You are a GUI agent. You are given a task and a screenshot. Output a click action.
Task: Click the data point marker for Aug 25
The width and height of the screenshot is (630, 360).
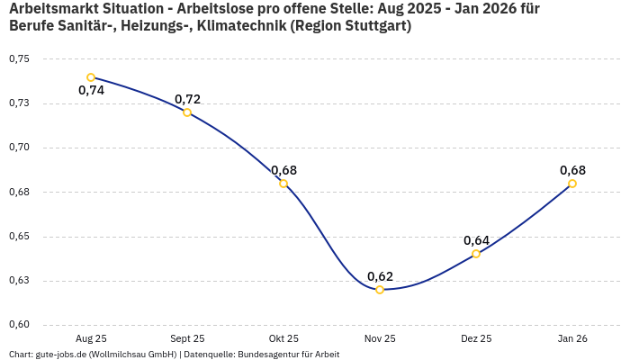(x=91, y=77)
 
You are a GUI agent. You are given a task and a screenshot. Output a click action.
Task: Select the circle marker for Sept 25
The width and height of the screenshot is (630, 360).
(x=187, y=112)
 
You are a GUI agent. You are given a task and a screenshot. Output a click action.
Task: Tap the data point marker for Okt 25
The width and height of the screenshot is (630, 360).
(x=283, y=184)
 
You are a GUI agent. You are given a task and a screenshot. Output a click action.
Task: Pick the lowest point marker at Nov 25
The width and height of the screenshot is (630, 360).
(x=380, y=290)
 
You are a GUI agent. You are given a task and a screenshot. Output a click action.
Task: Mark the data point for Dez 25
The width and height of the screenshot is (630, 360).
(x=476, y=254)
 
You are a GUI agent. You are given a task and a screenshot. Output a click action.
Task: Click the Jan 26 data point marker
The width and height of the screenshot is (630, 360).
(x=572, y=184)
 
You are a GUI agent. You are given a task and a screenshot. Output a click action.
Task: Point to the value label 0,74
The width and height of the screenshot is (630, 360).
(x=91, y=91)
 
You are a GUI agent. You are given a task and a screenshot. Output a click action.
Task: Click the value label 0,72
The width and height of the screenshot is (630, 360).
(x=187, y=99)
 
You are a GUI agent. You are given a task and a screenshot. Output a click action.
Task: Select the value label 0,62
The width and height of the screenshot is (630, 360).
(x=380, y=276)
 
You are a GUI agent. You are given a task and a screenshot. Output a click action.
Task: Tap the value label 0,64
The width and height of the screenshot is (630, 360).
(x=476, y=240)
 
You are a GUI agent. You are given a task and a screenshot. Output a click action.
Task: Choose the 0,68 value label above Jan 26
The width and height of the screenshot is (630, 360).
(x=572, y=170)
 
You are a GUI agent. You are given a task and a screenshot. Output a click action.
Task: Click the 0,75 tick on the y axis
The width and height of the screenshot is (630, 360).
(x=19, y=59)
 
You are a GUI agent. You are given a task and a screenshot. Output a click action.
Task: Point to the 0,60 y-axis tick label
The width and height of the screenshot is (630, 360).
(x=19, y=325)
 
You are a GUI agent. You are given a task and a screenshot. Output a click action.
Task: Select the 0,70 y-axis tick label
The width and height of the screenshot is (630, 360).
(x=19, y=148)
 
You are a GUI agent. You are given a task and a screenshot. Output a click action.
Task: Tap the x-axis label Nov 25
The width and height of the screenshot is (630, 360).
(x=380, y=338)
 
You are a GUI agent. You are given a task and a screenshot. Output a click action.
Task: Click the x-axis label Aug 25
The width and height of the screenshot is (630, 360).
(x=91, y=338)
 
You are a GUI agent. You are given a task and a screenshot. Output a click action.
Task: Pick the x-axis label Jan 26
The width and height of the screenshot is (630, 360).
(x=572, y=338)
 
